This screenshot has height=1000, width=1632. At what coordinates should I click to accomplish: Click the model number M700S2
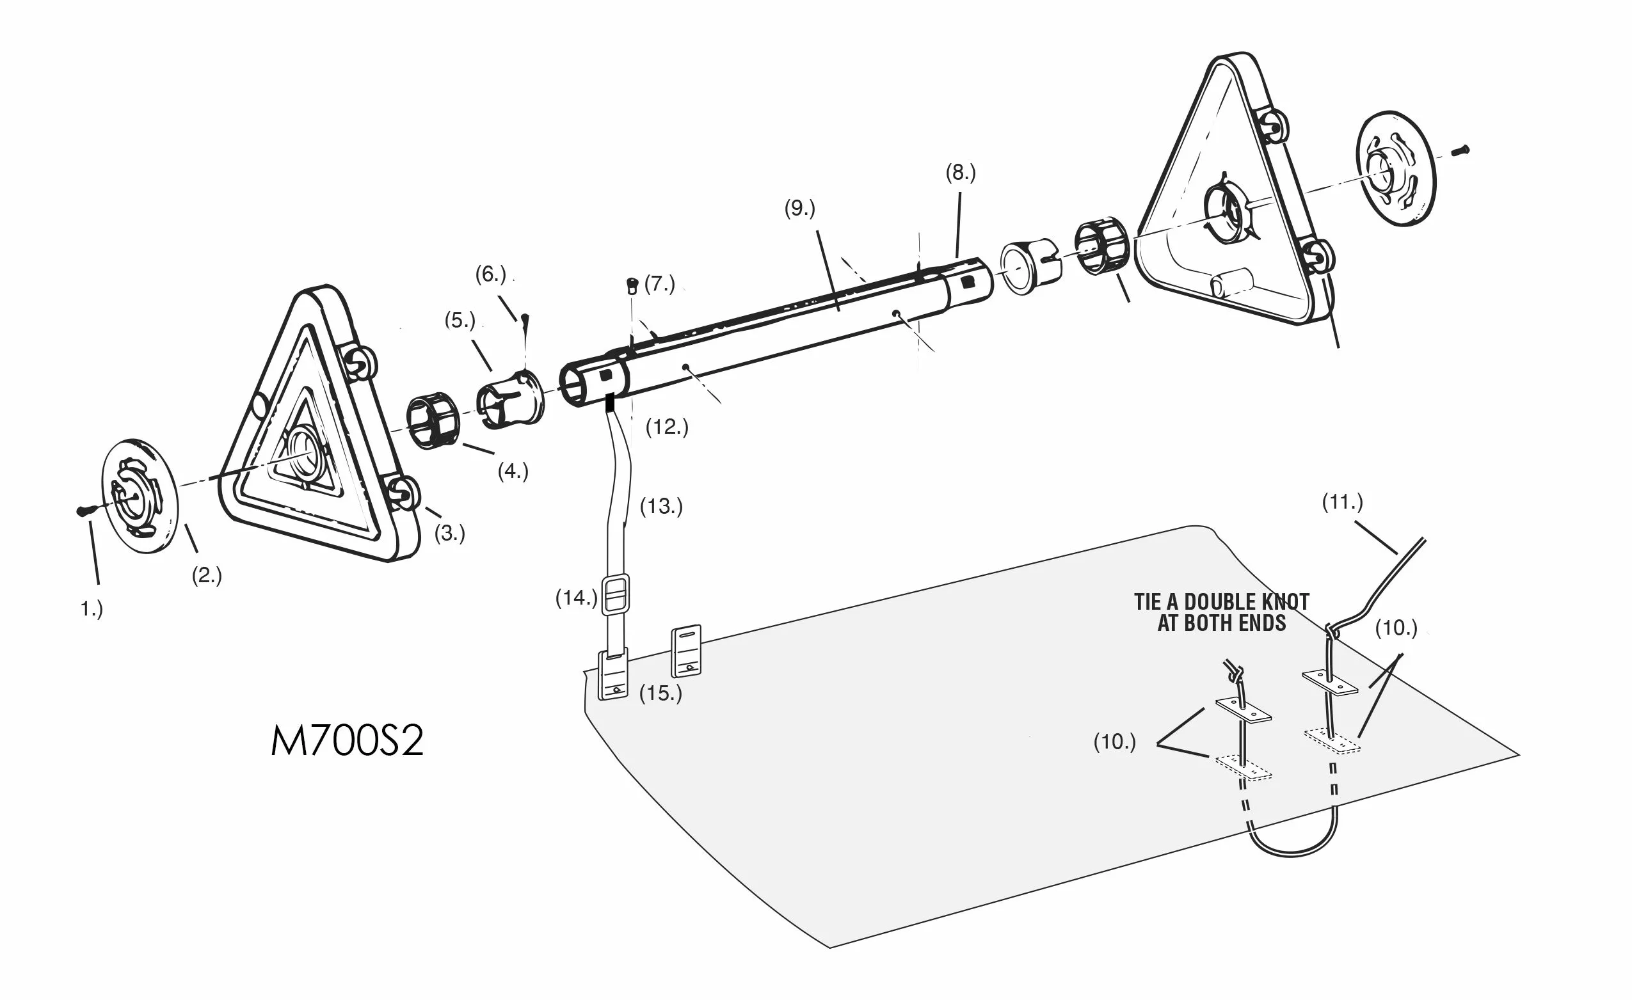click(346, 742)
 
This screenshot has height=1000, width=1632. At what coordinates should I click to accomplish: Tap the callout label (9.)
click(799, 209)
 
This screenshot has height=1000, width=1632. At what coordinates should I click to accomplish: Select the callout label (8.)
click(960, 173)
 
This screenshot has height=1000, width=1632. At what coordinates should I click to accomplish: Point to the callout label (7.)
click(660, 284)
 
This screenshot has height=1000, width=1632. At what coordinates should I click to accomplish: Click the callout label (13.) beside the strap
click(660, 507)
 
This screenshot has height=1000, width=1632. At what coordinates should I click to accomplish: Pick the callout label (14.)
click(575, 598)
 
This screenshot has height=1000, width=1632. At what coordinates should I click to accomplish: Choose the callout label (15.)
click(660, 694)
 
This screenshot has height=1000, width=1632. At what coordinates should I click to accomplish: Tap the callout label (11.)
click(1342, 502)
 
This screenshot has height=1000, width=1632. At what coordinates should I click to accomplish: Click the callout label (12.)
click(666, 427)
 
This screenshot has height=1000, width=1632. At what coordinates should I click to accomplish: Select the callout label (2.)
click(206, 576)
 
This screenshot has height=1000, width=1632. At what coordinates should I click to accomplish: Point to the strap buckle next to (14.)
click(615, 594)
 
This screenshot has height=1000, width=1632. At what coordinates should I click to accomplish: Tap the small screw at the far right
click(1460, 150)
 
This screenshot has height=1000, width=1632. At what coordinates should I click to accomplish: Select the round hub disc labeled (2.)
click(139, 495)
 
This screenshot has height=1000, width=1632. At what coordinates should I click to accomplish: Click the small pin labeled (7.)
click(632, 286)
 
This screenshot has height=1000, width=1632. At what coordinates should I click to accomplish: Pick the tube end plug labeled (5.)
click(509, 399)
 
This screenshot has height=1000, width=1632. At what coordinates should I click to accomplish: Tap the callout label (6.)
click(490, 274)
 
